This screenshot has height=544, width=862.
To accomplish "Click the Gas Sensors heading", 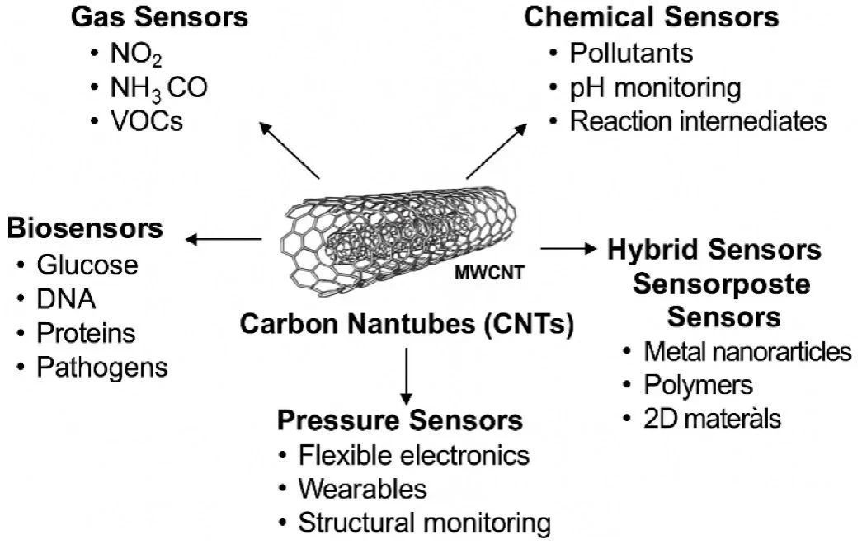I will click(x=158, y=16).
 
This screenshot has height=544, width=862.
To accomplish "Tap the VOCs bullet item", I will click(x=146, y=122).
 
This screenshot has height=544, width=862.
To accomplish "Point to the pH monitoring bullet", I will click(x=655, y=87).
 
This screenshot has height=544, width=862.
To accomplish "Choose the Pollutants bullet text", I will click(x=631, y=54).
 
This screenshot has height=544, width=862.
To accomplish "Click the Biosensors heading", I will click(x=85, y=228).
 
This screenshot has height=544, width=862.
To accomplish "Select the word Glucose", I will click(x=87, y=265).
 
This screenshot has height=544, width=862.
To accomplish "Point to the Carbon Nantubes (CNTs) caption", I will click(x=407, y=323).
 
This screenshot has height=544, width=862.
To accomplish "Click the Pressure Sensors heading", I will click(x=400, y=420).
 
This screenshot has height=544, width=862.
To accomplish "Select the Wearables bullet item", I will click(x=363, y=489).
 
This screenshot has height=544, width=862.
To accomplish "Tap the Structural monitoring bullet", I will click(x=424, y=523).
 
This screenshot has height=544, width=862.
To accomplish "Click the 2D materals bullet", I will click(x=712, y=419).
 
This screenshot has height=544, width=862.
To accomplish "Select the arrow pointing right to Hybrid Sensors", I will click(x=568, y=247).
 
